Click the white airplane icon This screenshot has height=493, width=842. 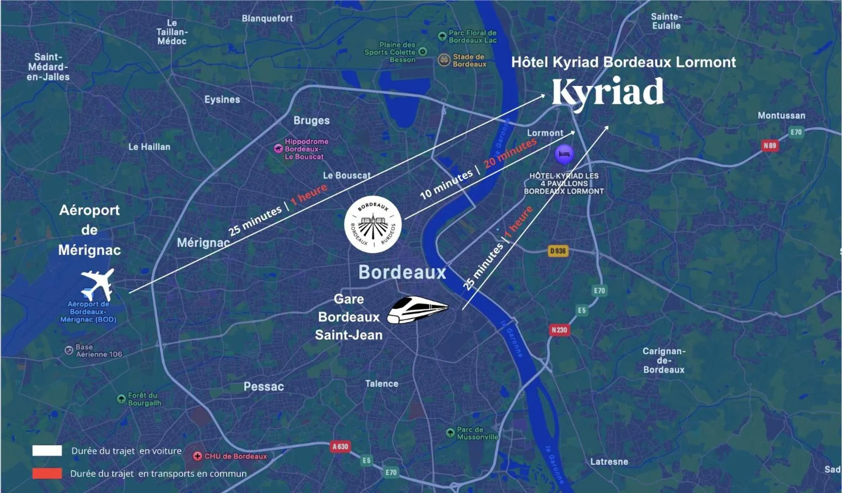(97, 284)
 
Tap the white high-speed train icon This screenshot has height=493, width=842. (417, 310)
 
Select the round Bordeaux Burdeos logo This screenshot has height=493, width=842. (373, 224)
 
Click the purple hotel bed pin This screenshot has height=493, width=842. (564, 154)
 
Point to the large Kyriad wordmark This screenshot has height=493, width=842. (608, 92)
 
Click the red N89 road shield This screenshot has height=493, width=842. (770, 146)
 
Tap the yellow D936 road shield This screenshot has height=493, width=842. (558, 251)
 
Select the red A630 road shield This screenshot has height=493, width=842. (340, 447)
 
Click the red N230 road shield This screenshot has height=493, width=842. (559, 330)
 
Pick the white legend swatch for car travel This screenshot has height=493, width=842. (47, 450)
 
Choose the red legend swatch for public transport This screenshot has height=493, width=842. (47, 473)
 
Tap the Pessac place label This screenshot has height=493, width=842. (264, 386)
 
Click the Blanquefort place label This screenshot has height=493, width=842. (267, 18)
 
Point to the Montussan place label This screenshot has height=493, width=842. (781, 115)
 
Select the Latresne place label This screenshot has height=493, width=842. (609, 461)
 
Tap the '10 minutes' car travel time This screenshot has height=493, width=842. (446, 184)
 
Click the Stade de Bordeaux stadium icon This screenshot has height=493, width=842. (444, 60)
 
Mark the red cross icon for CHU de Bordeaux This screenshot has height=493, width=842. (197, 456)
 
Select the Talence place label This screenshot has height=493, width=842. (382, 384)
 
